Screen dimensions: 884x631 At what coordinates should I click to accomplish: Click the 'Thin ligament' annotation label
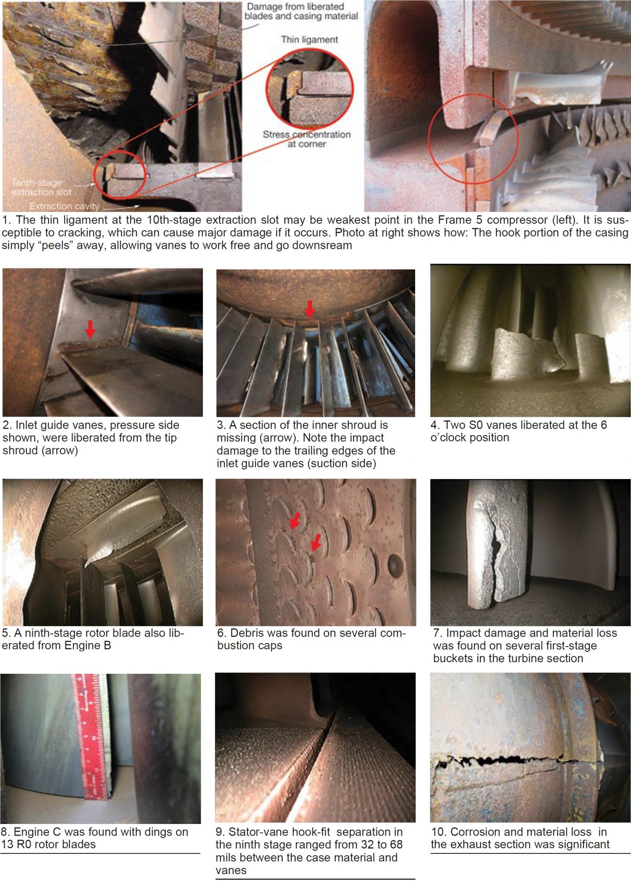309,40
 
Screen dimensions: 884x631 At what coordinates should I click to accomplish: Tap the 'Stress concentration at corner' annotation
307,139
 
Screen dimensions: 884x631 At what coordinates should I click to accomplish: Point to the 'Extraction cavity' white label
64,206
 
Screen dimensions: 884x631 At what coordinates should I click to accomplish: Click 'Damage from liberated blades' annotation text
301,12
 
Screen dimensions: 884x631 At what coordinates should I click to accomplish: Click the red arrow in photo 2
90,329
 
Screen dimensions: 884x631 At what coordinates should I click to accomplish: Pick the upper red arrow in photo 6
295,520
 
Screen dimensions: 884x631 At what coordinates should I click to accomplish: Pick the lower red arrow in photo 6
316,542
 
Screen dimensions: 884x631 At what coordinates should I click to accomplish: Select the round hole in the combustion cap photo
396,565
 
